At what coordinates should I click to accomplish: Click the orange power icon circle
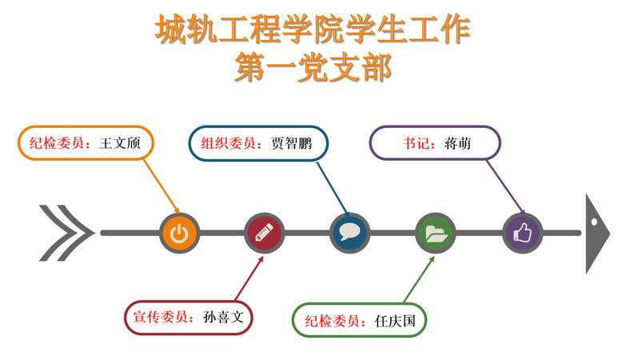(x=179, y=234)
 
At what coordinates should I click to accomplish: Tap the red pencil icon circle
(x=265, y=234)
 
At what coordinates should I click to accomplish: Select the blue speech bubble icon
(x=350, y=234)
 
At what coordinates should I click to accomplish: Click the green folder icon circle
(x=436, y=234)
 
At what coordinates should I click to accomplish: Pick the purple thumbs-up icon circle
(x=523, y=234)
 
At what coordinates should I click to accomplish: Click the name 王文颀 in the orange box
(x=120, y=143)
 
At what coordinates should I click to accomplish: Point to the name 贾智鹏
(x=291, y=143)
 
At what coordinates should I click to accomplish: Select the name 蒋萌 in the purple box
(x=458, y=143)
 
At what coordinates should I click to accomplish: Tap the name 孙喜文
(x=223, y=317)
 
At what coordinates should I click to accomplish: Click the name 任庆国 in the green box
(x=395, y=321)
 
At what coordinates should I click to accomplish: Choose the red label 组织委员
(x=229, y=143)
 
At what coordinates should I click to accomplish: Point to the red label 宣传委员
(x=161, y=317)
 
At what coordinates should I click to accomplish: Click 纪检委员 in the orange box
(x=57, y=143)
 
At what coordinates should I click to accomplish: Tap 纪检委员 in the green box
(x=333, y=321)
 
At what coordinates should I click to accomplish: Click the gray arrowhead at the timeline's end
(x=597, y=234)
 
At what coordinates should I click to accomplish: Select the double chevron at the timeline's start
(x=66, y=233)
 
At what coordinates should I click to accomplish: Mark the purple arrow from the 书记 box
(x=506, y=187)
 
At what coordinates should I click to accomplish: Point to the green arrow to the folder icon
(x=419, y=279)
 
